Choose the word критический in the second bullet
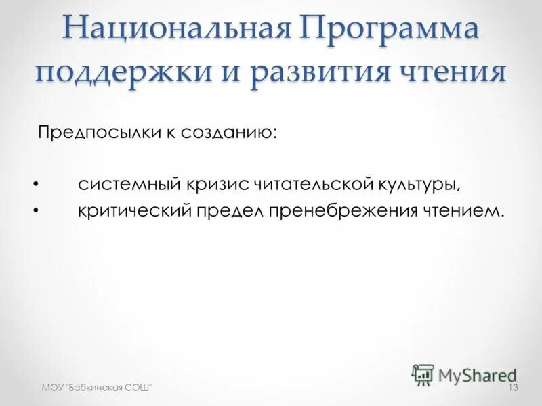pyautogui.click(x=132, y=211)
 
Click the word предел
pyautogui.click(x=229, y=211)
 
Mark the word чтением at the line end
pyautogui.click(x=463, y=211)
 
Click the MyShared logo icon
pyautogui.click(x=423, y=374)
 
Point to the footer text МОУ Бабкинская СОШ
pyautogui.click(x=96, y=387)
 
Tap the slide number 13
pyautogui.click(x=512, y=387)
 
